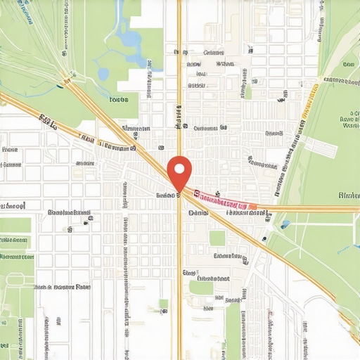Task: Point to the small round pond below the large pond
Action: (104, 73)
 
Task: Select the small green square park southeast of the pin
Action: (217, 238)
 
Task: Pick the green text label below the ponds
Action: (120, 100)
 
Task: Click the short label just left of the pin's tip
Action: (166, 195)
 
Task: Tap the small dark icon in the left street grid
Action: (86, 221)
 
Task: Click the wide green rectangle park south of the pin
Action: (201, 287)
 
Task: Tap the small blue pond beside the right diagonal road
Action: (285, 224)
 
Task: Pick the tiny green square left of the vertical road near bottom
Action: (163, 304)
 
